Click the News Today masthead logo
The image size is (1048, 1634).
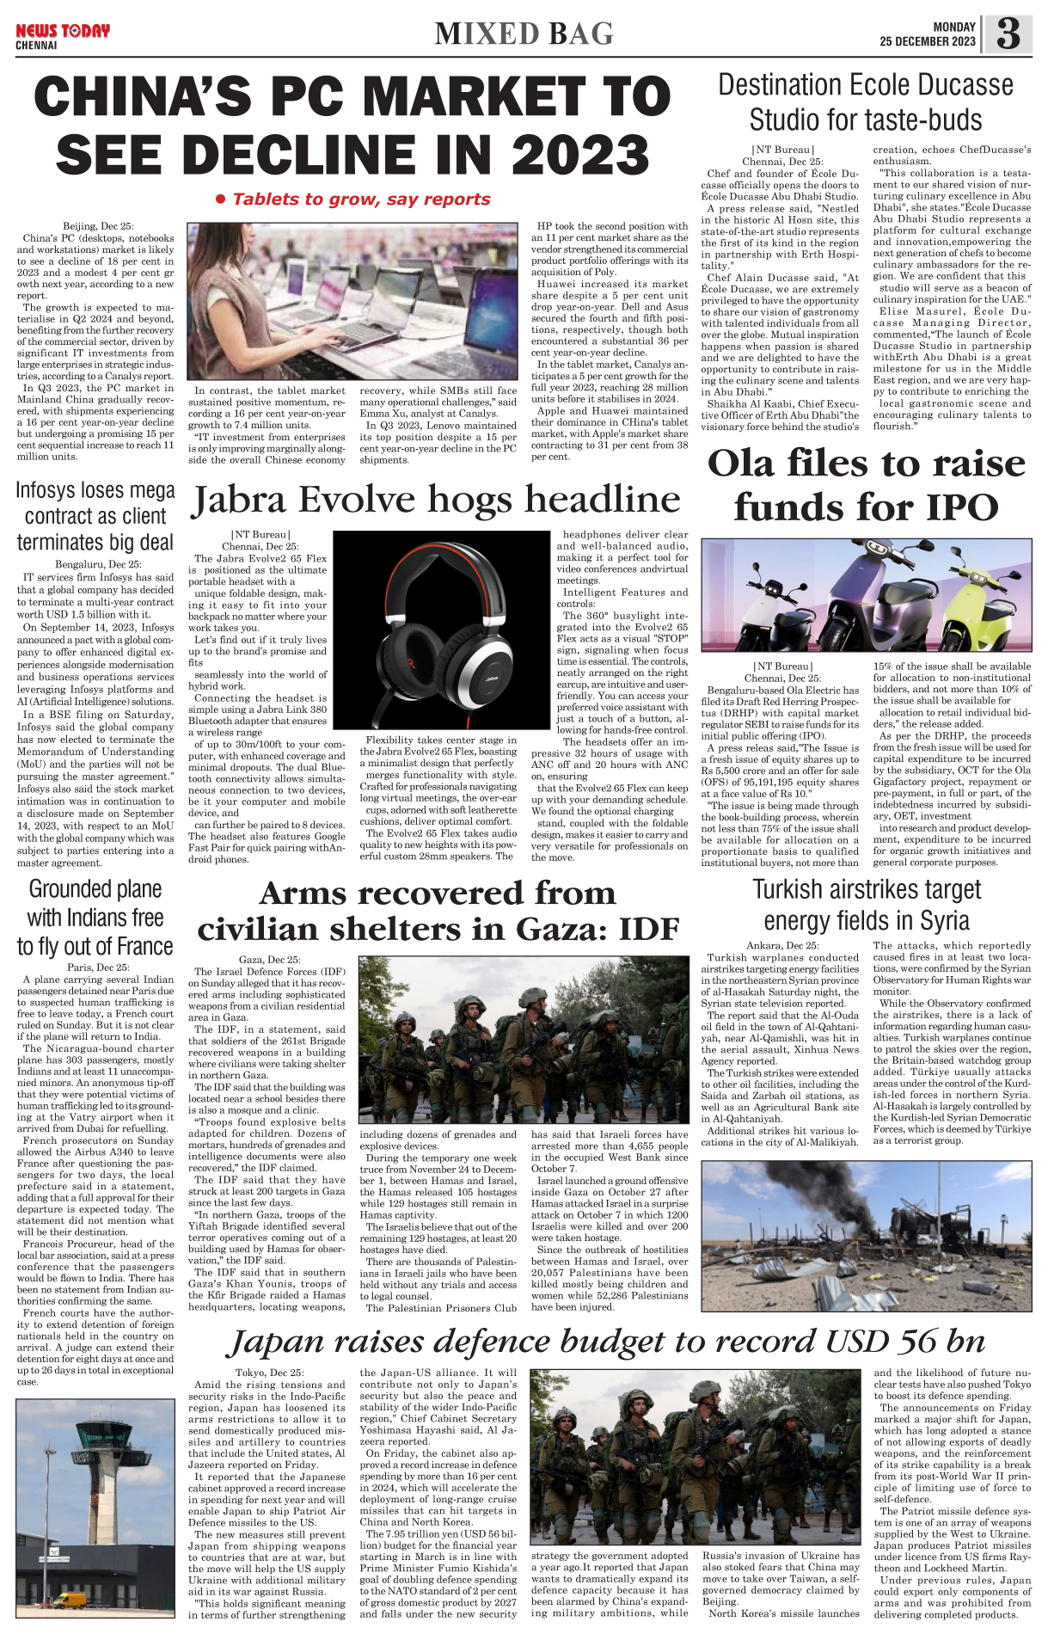[63, 32]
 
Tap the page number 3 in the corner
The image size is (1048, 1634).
[1008, 34]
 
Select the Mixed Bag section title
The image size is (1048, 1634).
[524, 34]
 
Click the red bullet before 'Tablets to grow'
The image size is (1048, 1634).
[220, 200]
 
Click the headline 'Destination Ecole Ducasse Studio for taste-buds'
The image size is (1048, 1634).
[865, 101]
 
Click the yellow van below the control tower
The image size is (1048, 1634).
[69, 1600]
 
